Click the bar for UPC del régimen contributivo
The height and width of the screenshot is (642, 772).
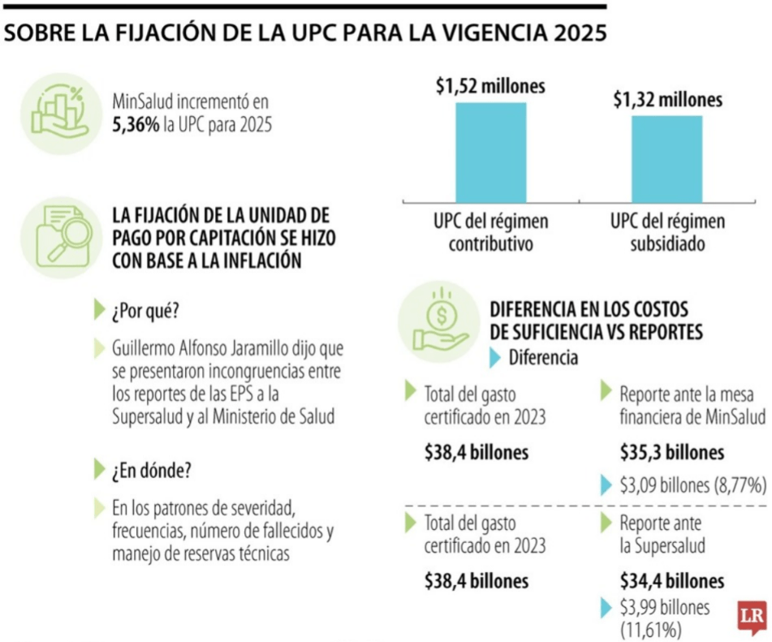point(490,152)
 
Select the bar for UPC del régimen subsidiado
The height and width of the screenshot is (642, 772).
point(667,158)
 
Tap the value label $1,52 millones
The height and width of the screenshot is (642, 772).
point(490,86)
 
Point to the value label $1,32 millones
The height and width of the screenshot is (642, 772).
point(667,100)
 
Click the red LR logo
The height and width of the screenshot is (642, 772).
point(752,618)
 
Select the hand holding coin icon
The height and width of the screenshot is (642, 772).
point(438,320)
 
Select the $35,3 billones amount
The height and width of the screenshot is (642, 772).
point(671,452)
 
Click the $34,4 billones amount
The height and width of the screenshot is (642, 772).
point(671,581)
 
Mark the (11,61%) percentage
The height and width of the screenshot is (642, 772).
point(650,629)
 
